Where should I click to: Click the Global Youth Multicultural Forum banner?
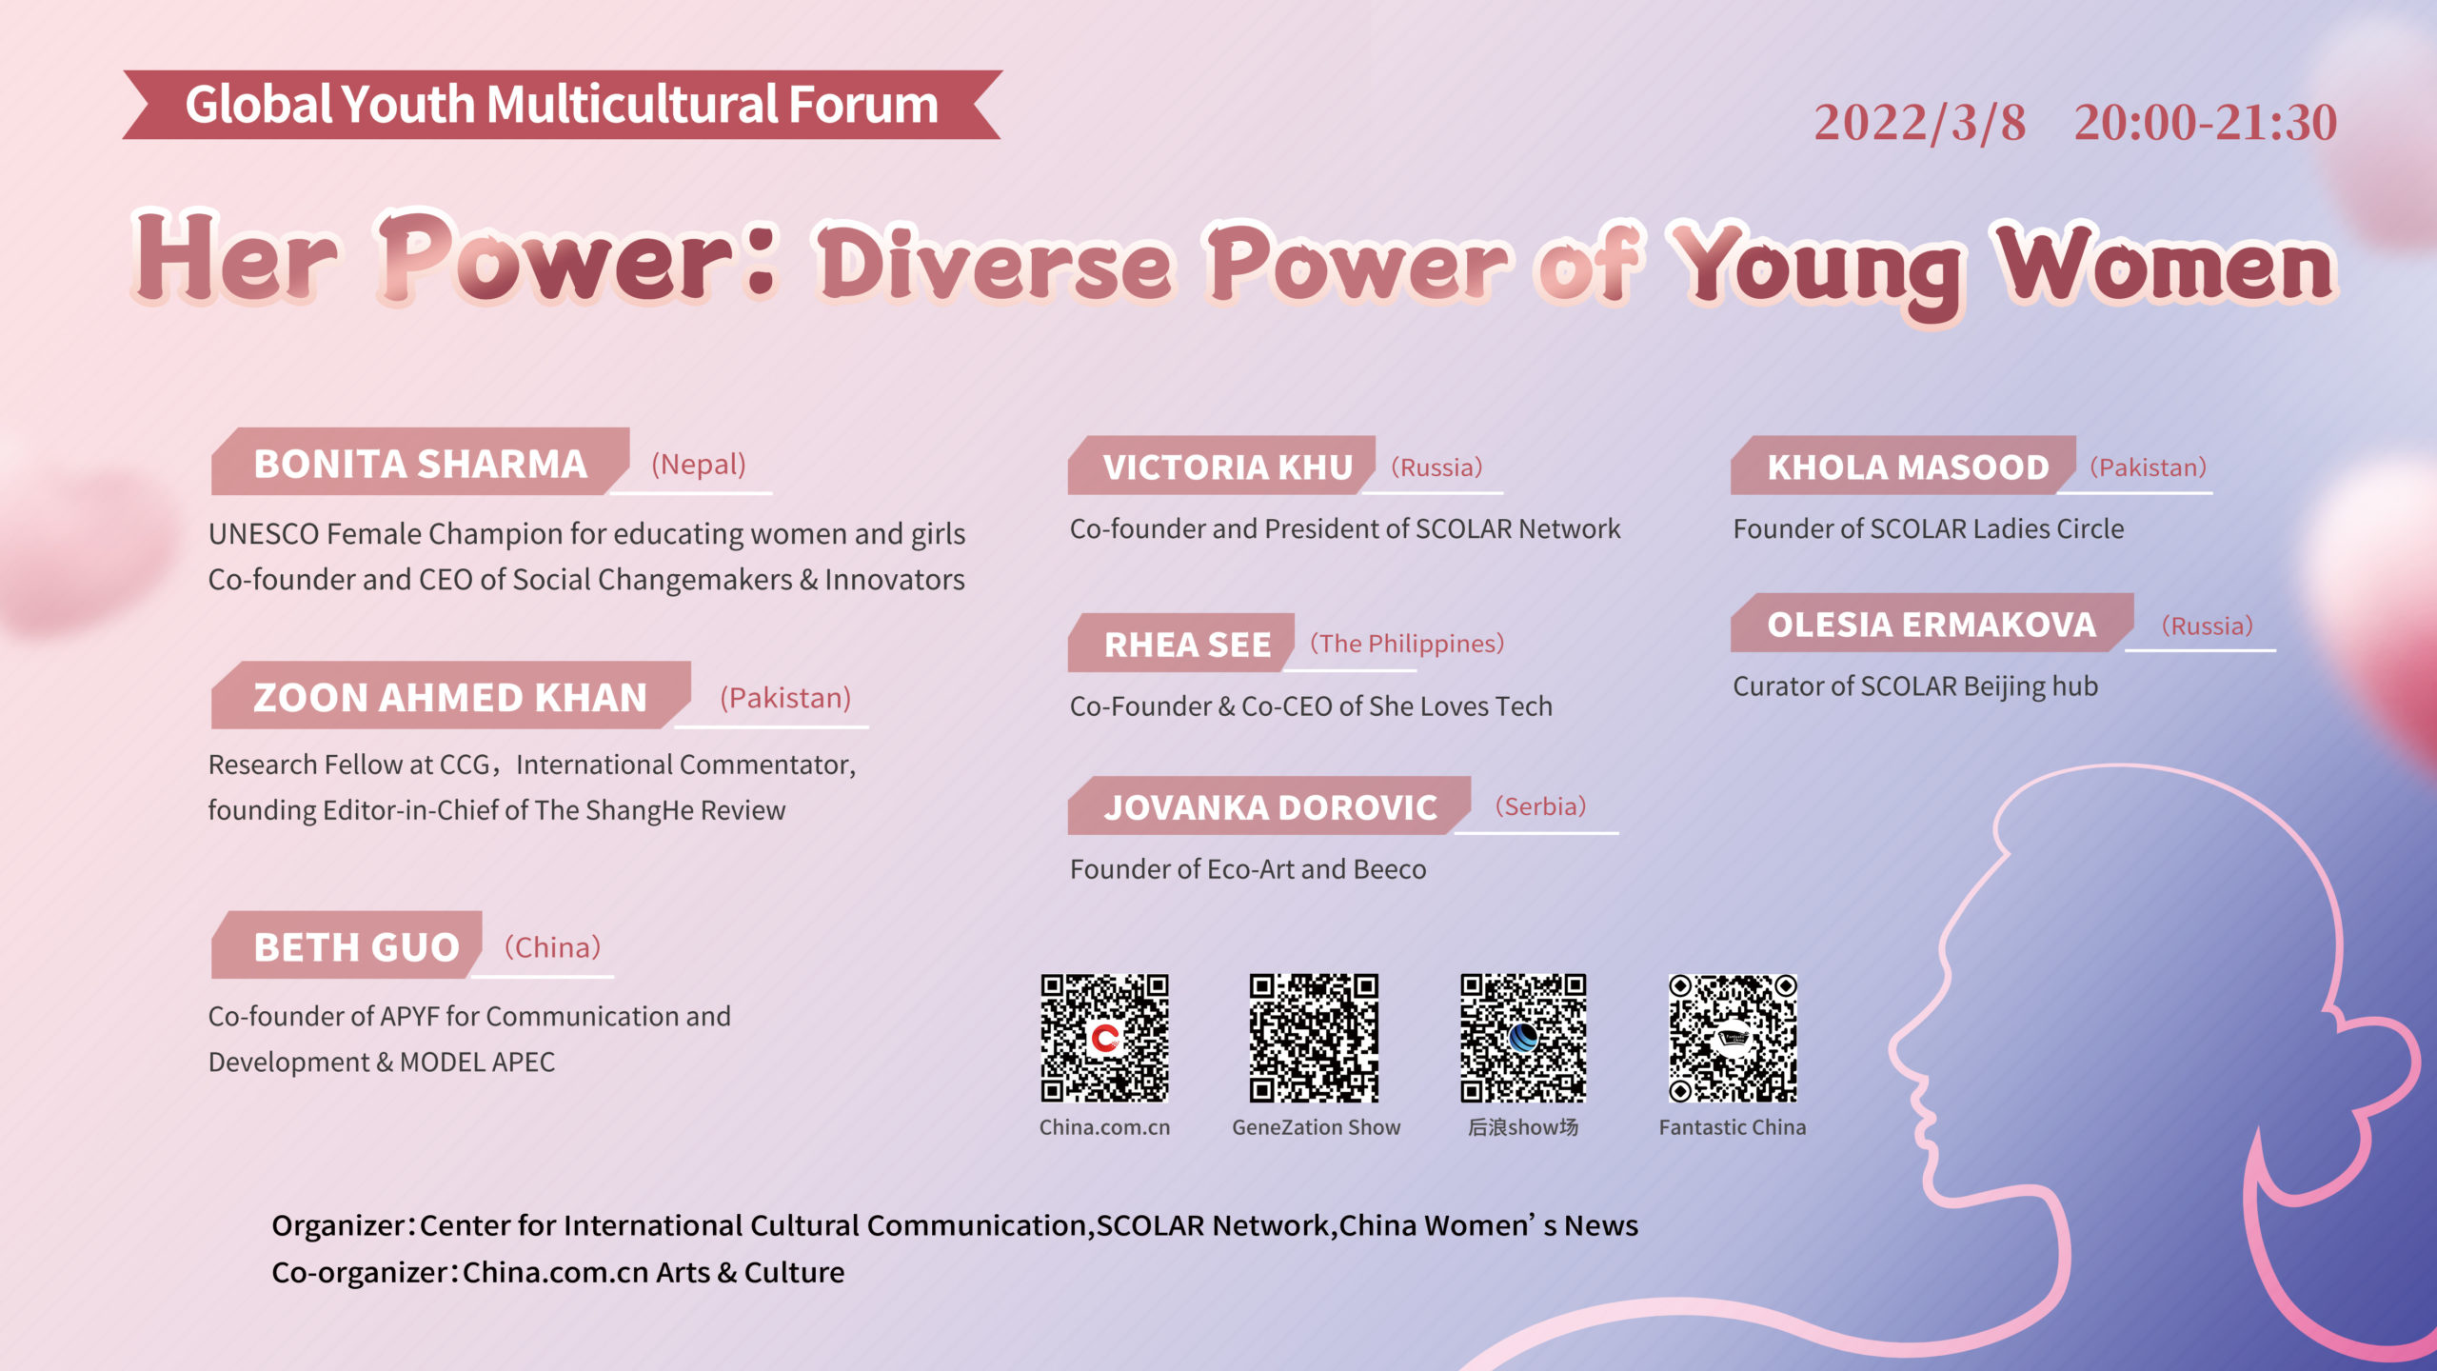[x=562, y=105]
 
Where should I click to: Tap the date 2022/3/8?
[x=1920, y=123]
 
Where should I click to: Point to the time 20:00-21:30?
[x=2206, y=123]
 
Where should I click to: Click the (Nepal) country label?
[x=699, y=465]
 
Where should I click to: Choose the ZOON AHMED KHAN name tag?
[x=450, y=696]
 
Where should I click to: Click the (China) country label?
[x=552, y=947]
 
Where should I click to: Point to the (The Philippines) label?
[x=1407, y=644]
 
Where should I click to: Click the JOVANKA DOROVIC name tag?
[x=1269, y=805]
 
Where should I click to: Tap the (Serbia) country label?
[x=1540, y=806]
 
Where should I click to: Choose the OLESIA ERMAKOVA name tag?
[x=1932, y=623]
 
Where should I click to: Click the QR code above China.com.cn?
[x=1104, y=1038]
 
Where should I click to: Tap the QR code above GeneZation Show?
[x=1314, y=1038]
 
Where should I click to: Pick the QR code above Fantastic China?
[x=1733, y=1038]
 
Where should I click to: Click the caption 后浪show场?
[x=1523, y=1127]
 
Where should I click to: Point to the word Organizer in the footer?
[x=338, y=1225]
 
